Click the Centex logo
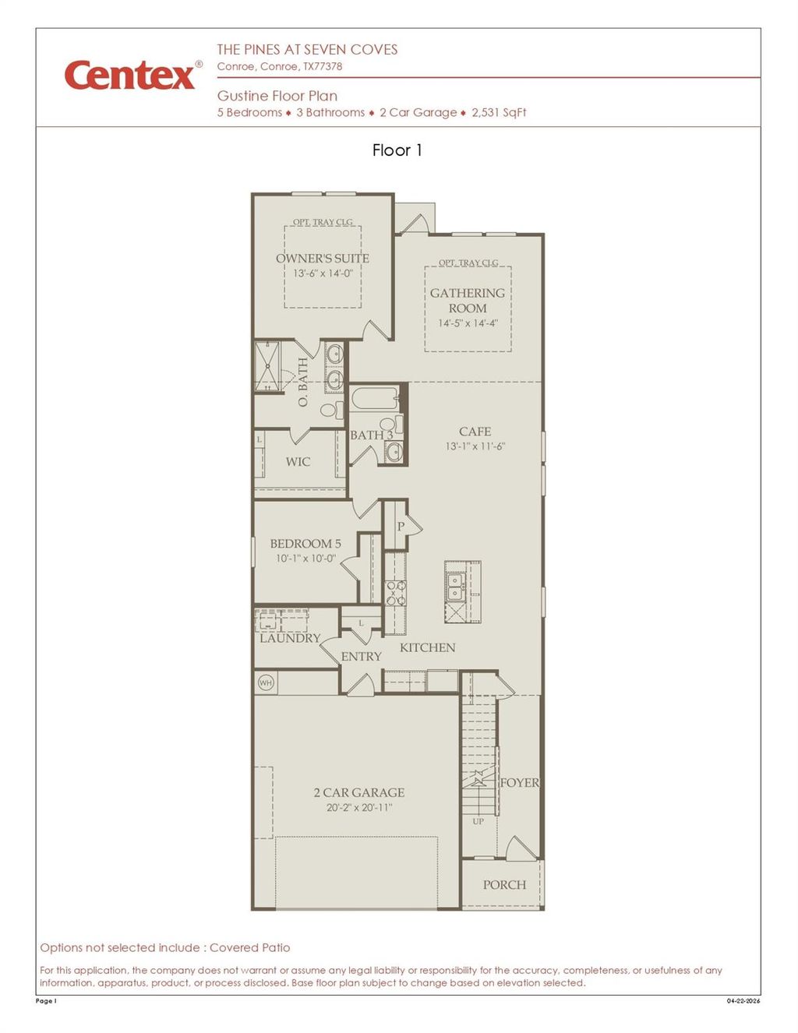pos(131,76)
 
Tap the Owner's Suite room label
pos(322,258)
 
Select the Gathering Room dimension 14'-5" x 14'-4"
pos(468,323)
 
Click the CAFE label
pos(475,432)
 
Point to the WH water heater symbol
pos(266,683)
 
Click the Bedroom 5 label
pos(305,544)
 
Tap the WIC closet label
pos(298,462)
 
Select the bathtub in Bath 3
pos(374,399)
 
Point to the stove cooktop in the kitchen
pos(396,593)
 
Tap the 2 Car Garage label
pos(359,792)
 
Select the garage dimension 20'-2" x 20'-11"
pos(359,808)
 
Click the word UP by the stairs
pos(478,821)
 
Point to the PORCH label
pos(504,885)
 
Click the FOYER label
pos(519,783)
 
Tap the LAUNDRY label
pos(290,638)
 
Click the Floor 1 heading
pos(397,150)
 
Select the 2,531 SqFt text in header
pos(499,112)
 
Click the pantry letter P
pos(401,527)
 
